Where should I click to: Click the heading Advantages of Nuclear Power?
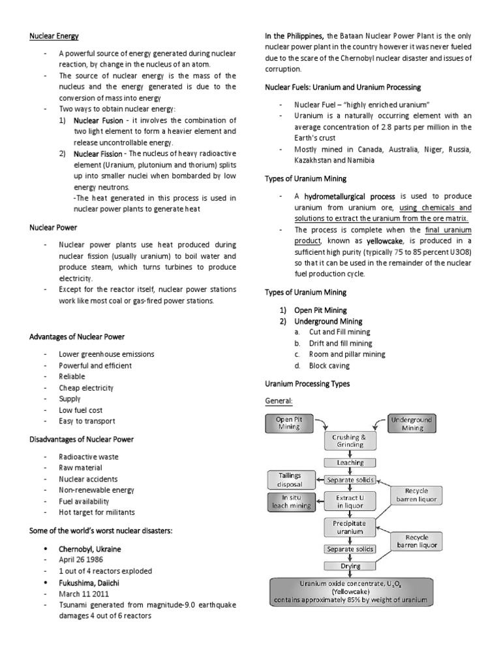click(77, 336)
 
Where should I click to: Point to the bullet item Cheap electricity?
click(87, 387)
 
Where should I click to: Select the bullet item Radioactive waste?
click(88, 457)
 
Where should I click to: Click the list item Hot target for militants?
click(97, 512)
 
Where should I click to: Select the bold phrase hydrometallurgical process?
click(345, 196)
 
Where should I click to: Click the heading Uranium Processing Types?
click(307, 383)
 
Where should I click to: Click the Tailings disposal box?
click(290, 480)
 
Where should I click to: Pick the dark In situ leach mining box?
click(290, 502)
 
